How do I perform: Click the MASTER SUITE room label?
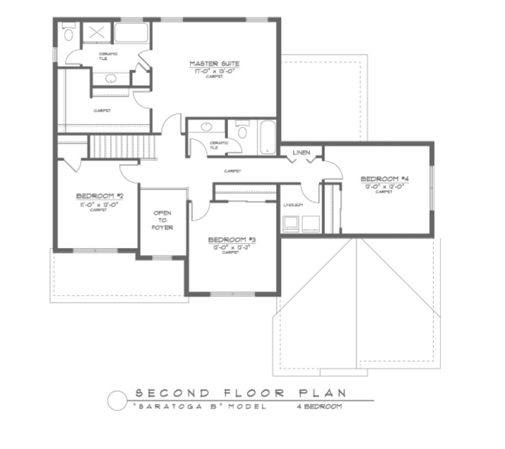[214, 64]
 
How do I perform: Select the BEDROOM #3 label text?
[232, 239]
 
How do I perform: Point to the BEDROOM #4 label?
[385, 179]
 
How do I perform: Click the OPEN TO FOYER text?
[162, 220]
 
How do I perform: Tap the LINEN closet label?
[301, 153]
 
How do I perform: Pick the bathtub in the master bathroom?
[131, 33]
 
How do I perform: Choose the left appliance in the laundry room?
[290, 223]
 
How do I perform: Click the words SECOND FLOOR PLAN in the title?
[240, 393]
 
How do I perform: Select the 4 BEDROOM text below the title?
[319, 407]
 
